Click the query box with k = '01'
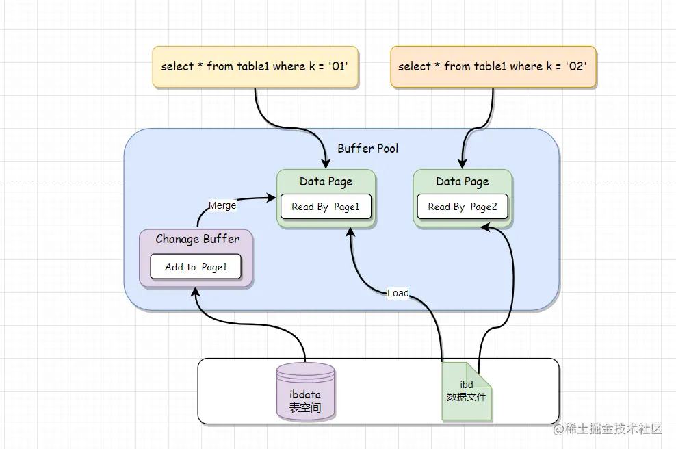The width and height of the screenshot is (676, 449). pos(255,67)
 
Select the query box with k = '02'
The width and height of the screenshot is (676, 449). pos(493,66)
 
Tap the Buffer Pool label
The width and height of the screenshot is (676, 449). pos(367,149)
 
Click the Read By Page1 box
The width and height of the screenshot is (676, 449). pos(326,207)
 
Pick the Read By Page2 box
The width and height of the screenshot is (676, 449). pos(462,207)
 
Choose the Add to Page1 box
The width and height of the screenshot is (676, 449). pos(196,267)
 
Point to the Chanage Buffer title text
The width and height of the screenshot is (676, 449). pos(197,239)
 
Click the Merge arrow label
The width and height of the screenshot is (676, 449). pos(222,205)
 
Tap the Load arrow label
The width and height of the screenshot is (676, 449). pos(398,293)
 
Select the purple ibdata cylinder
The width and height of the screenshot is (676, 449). pos(305,391)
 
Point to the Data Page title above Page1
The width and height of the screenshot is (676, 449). pos(326,181)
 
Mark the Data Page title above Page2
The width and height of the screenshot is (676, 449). pos(462,181)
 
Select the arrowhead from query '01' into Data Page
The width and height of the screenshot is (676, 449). pos(326,164)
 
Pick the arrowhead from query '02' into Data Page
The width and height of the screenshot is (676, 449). pos(463,164)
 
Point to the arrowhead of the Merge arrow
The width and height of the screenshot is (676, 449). pos(271,198)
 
